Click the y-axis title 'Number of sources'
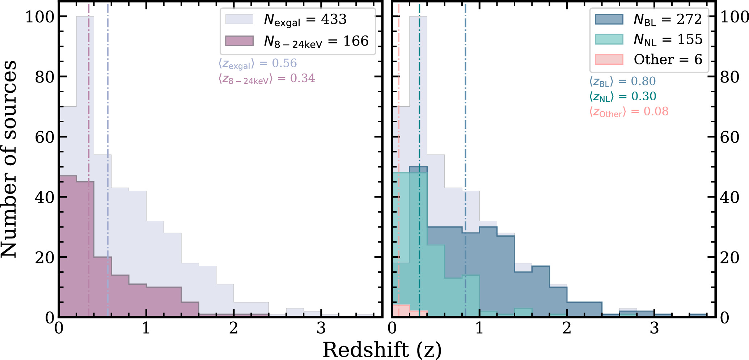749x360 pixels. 9,159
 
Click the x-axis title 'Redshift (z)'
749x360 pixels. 382,350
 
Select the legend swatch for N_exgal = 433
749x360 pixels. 239,19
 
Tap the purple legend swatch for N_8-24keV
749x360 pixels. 239,41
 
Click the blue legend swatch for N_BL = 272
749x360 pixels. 609,19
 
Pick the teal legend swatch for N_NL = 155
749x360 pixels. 609,39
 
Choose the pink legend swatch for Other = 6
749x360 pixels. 609,59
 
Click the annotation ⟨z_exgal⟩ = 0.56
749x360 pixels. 257,64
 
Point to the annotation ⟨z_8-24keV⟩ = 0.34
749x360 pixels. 266,79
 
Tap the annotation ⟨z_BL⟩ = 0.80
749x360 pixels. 622,81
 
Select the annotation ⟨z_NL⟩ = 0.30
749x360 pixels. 622,97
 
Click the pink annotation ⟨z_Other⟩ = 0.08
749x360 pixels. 629,112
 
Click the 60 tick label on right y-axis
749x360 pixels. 729,137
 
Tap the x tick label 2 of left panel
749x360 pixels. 233,329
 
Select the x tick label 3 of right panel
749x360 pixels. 654,329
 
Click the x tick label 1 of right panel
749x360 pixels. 479,329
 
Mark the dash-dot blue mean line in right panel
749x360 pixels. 465,145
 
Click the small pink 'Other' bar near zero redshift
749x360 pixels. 401,310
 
